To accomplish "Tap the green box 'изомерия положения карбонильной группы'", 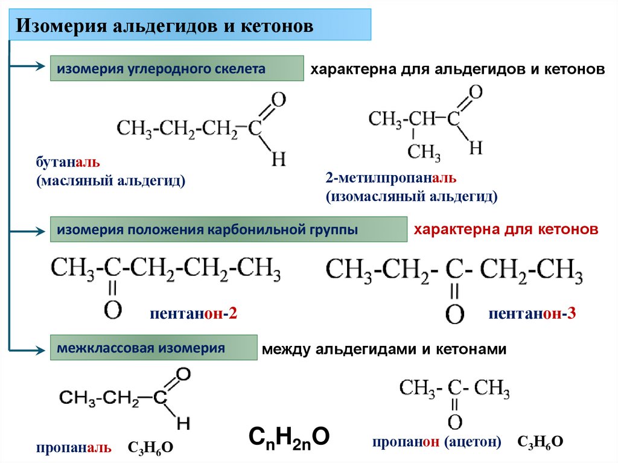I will point(228,230).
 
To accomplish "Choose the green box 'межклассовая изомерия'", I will point(153,348).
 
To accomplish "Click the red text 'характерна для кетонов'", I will point(505,230).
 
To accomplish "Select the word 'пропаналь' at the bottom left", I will point(73,447).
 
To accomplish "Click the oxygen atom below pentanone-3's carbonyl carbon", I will point(454,313).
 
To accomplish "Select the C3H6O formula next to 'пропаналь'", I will point(150,447).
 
